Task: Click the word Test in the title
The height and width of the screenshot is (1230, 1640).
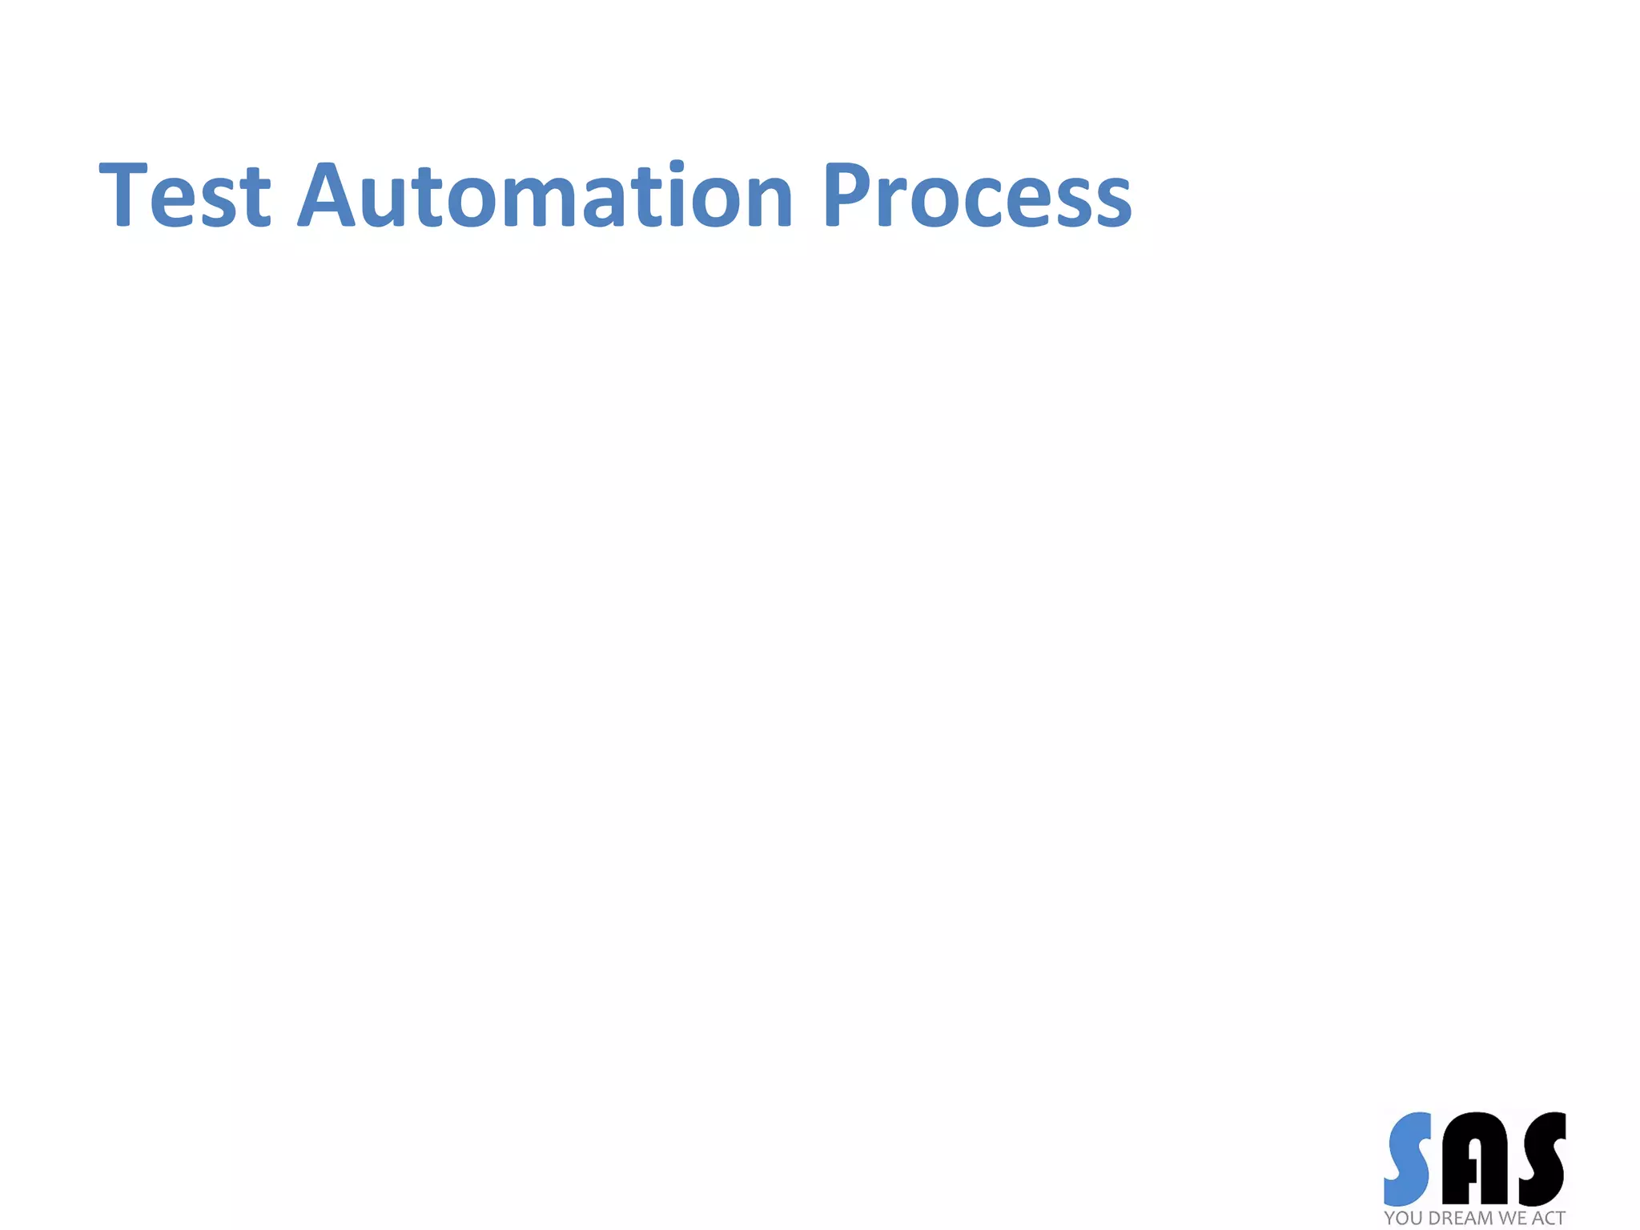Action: (185, 195)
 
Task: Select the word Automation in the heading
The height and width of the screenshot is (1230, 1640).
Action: (545, 195)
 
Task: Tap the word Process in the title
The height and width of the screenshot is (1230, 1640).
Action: (977, 195)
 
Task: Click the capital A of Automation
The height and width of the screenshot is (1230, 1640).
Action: (326, 195)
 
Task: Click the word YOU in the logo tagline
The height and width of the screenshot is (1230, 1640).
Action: (1404, 1218)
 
